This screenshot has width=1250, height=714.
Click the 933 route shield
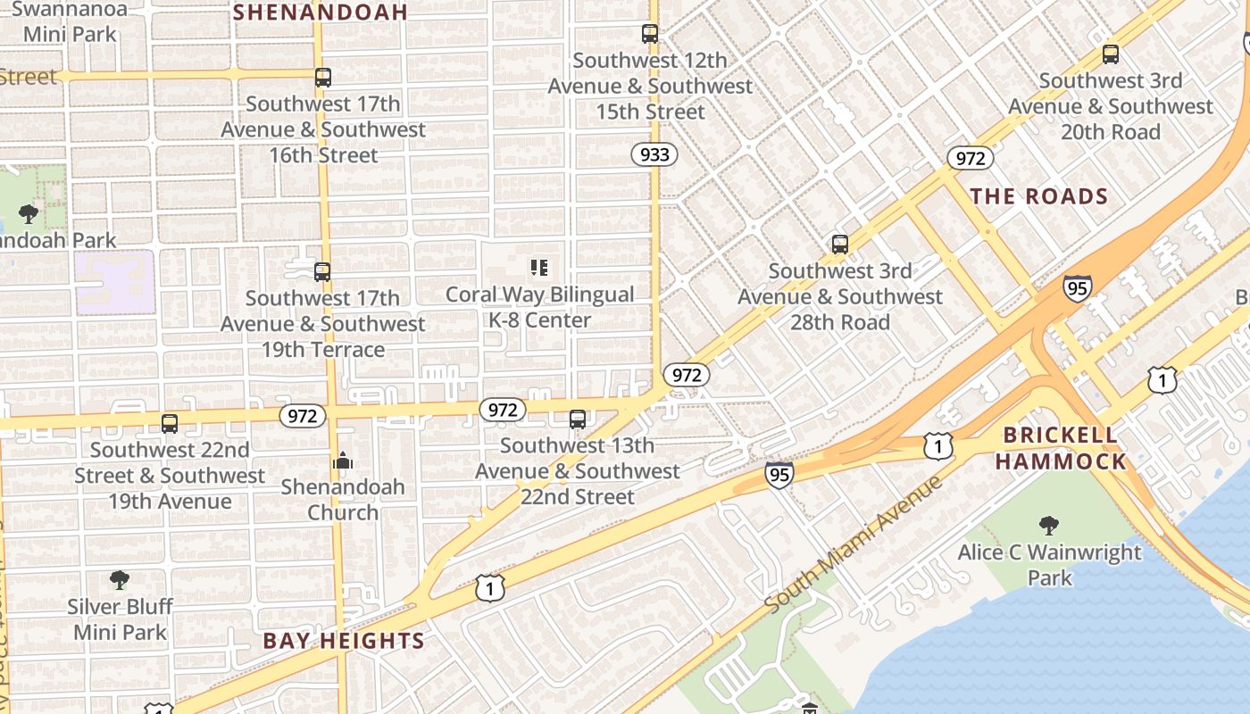654,154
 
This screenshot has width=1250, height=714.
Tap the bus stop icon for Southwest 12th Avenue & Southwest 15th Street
650,35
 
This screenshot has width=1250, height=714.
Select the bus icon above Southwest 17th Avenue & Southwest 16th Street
323,78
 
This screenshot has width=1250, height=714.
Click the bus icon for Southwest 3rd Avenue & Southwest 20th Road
1111,54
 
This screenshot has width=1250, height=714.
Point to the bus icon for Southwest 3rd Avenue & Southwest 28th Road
840,245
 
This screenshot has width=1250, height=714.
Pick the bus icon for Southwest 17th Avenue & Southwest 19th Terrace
322,272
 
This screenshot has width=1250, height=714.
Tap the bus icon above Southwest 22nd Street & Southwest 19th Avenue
170,424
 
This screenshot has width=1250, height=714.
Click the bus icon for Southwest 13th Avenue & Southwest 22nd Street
578,419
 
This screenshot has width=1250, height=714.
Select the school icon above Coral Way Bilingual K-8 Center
539,268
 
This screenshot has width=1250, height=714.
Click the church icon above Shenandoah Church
343,461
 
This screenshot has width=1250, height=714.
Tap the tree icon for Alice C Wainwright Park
1049,526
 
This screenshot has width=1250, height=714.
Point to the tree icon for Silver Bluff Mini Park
120,581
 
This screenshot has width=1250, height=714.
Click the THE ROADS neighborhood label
1038,196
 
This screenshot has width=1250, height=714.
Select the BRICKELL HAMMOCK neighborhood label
1061,448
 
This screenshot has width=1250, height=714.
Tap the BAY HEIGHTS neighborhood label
344,640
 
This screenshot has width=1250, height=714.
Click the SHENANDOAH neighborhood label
321,12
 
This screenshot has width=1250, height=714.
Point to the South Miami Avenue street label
854,544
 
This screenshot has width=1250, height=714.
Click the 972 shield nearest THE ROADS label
971,159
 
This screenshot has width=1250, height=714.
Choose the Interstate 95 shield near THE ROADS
1078,288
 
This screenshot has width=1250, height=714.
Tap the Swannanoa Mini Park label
71,22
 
